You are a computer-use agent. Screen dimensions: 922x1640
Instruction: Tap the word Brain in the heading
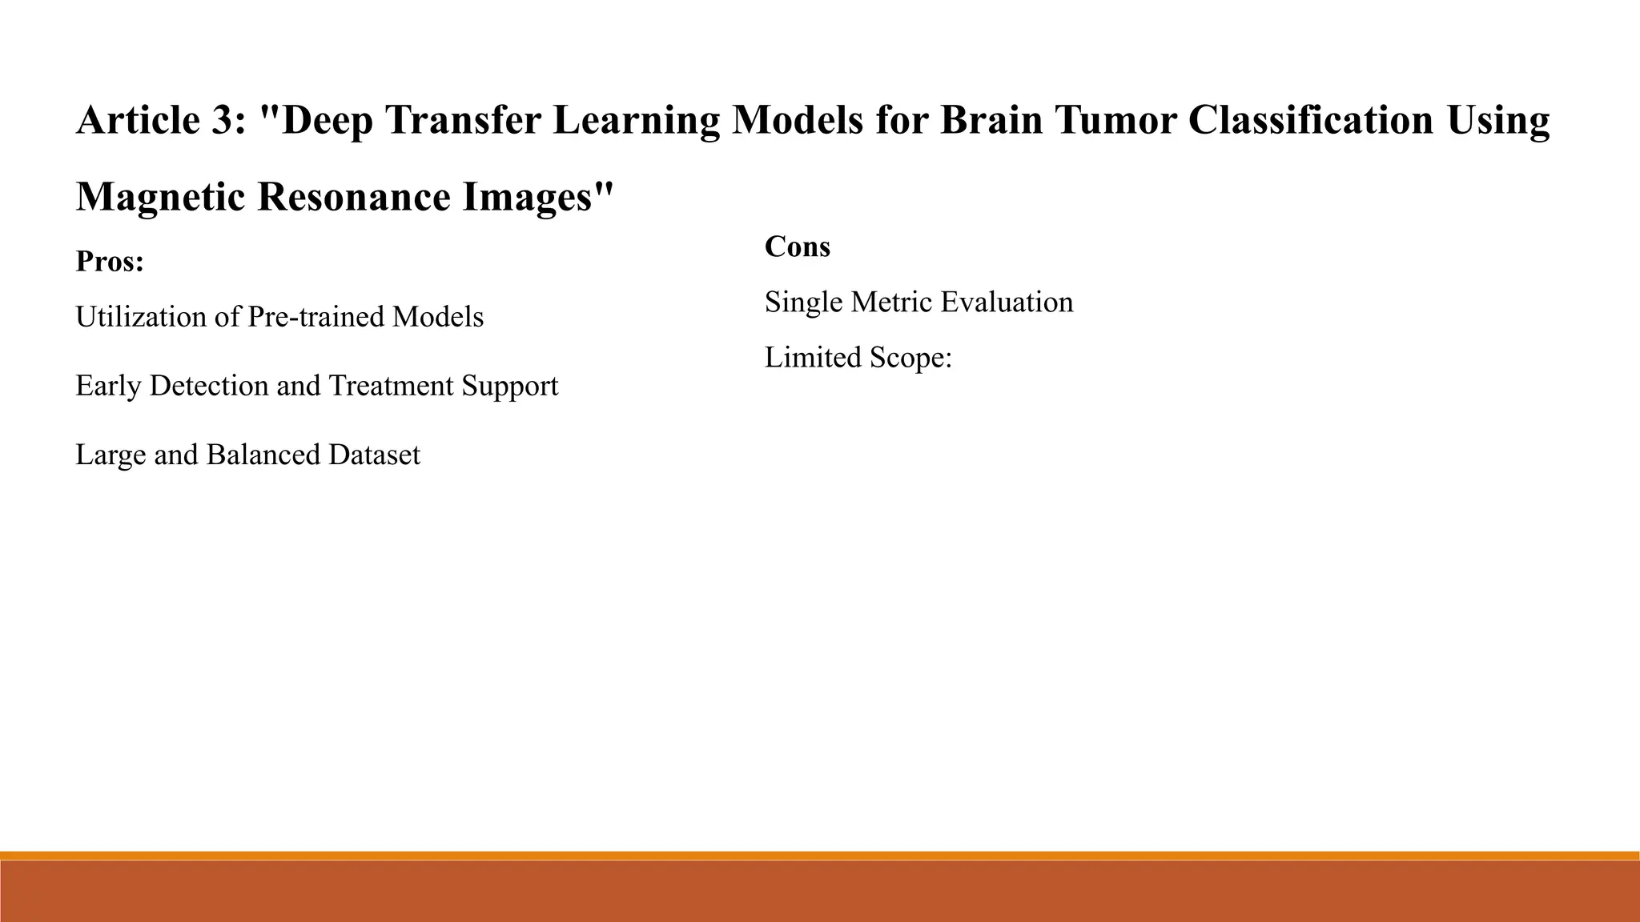(x=991, y=120)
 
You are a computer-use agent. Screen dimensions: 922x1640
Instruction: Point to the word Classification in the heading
(x=1310, y=120)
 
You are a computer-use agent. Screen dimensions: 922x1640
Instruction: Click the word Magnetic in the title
(x=160, y=197)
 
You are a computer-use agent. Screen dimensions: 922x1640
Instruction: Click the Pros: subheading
(x=110, y=262)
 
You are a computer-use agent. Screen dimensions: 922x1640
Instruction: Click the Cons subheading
(x=797, y=247)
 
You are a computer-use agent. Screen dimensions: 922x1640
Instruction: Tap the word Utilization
(x=140, y=317)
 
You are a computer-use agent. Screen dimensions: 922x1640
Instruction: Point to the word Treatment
(x=391, y=386)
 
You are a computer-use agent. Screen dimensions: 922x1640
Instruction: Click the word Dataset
(x=373, y=455)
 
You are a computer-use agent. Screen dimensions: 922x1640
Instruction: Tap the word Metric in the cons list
(x=892, y=302)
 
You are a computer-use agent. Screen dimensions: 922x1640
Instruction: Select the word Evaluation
(x=1007, y=302)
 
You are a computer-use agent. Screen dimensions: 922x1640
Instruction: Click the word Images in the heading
(x=537, y=197)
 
